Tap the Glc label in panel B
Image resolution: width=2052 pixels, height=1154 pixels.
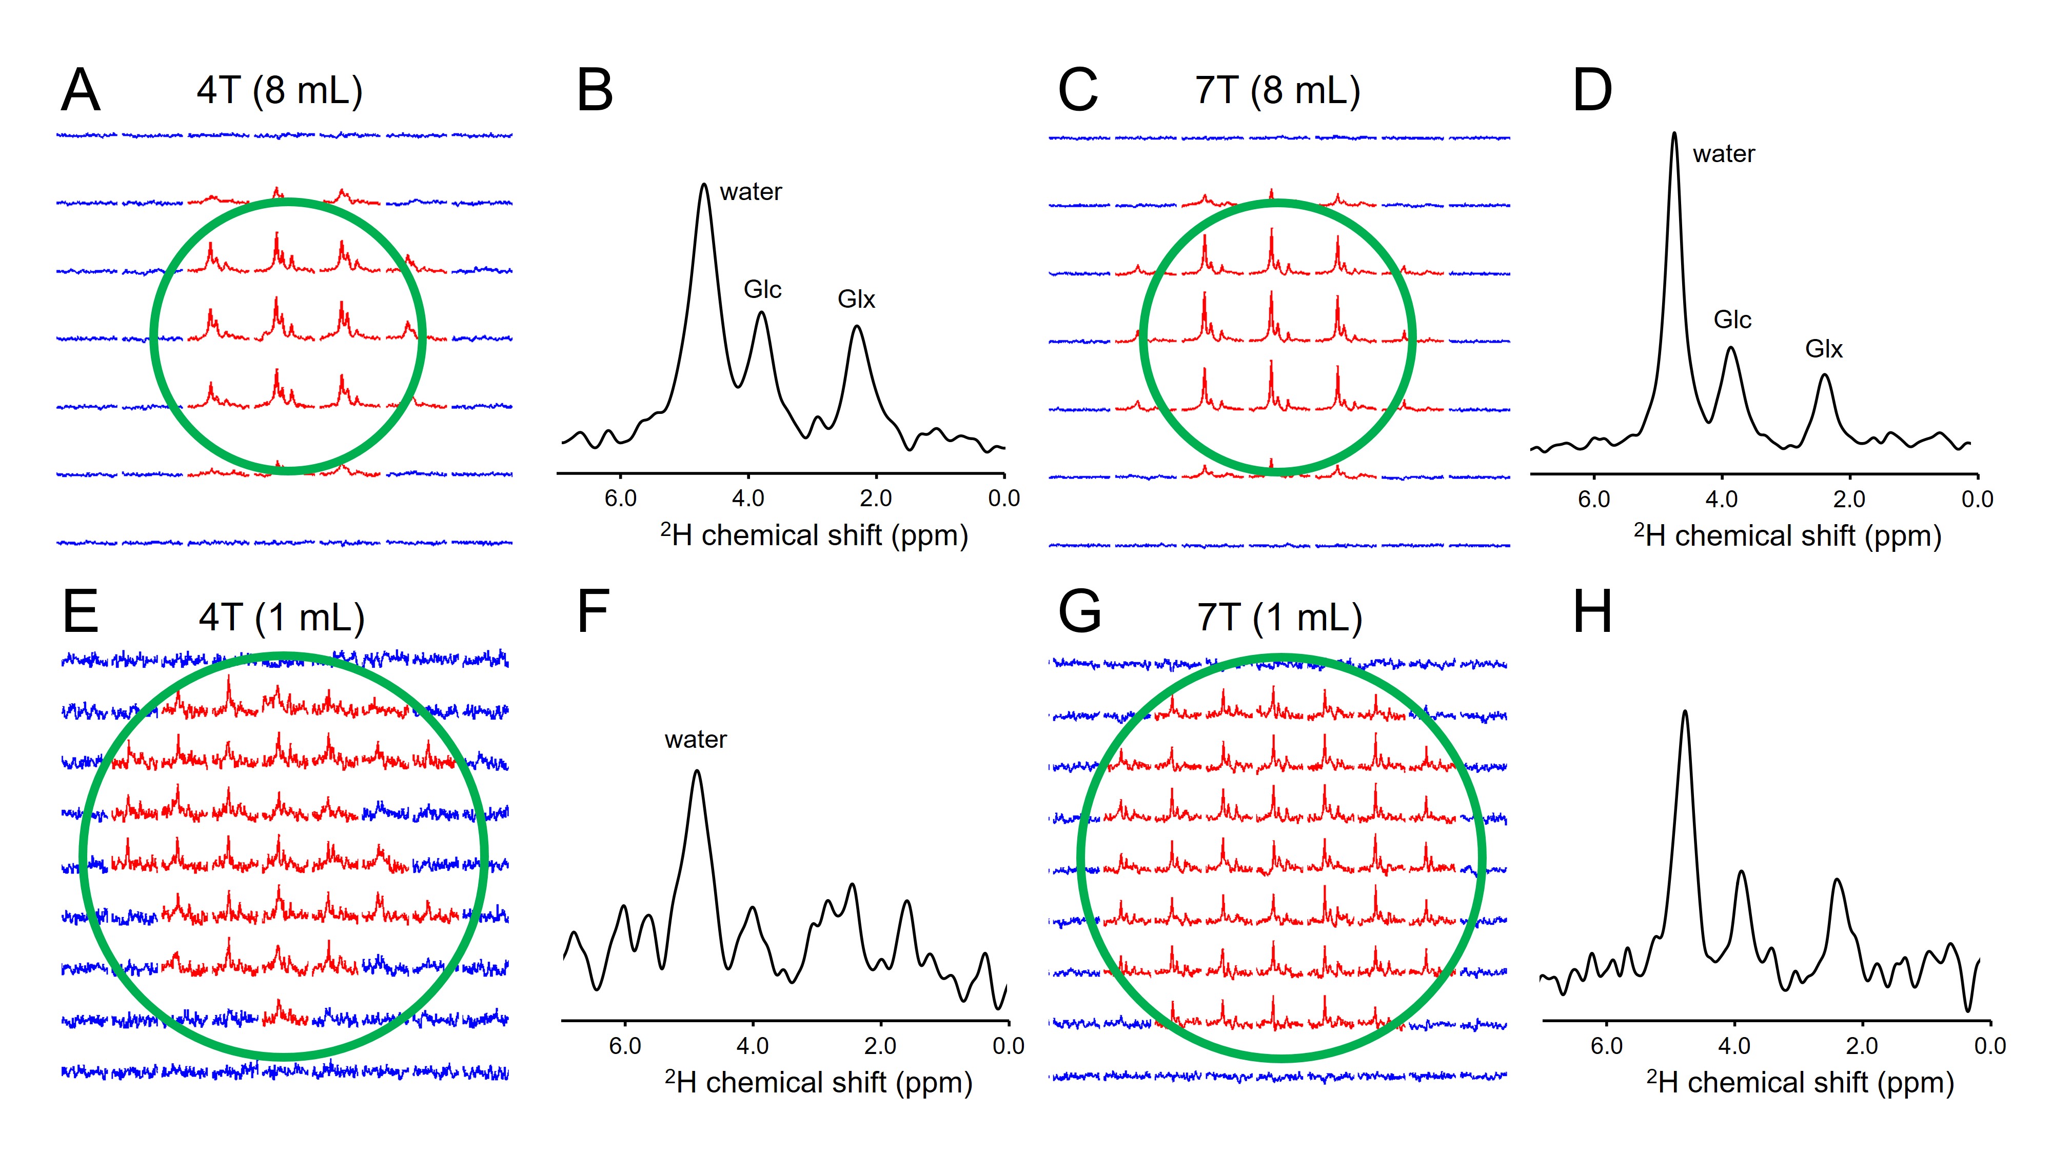(762, 289)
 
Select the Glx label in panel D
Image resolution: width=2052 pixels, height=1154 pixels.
(1823, 349)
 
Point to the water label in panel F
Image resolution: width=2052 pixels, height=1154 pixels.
(696, 740)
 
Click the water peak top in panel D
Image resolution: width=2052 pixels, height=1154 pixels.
(1674, 134)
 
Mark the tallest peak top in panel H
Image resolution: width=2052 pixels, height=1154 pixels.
(1684, 712)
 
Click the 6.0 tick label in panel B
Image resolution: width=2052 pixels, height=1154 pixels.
(621, 499)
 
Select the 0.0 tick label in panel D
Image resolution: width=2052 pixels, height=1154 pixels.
(1977, 500)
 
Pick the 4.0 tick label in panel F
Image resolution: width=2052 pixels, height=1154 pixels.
(753, 1046)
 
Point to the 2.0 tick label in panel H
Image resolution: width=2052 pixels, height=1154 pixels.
(1862, 1046)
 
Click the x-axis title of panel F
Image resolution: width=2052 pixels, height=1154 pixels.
(818, 1082)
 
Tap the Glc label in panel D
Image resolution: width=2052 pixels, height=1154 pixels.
(1732, 320)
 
